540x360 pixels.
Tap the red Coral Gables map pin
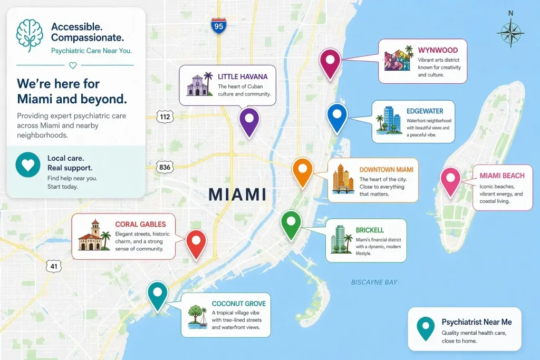(x=196, y=242)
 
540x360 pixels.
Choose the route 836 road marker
(x=165, y=168)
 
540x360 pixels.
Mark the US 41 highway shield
(x=53, y=266)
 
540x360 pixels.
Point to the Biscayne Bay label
(x=374, y=283)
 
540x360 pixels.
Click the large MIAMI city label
(x=237, y=194)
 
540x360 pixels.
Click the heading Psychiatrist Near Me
(x=476, y=322)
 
